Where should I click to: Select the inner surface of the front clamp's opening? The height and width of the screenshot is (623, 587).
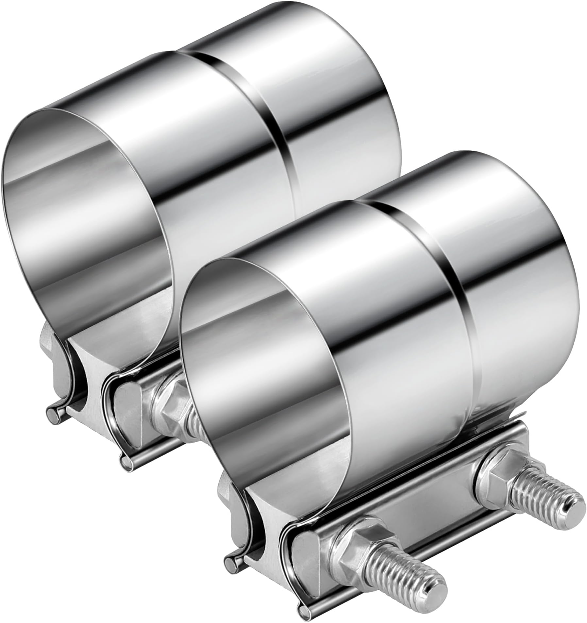(x=261, y=359)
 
